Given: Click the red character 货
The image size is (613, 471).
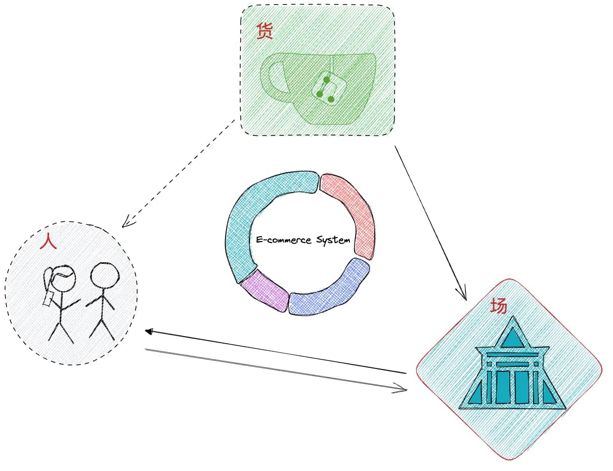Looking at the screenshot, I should tap(265, 31).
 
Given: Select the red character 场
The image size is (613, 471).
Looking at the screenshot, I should tap(499, 306).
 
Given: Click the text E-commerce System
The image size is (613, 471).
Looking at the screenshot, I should tap(303, 240).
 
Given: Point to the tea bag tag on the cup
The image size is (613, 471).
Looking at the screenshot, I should tap(326, 88).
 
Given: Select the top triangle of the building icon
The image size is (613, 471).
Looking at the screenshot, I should tap(513, 337).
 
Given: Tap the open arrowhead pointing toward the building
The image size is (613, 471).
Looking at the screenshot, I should tap(402, 389).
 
